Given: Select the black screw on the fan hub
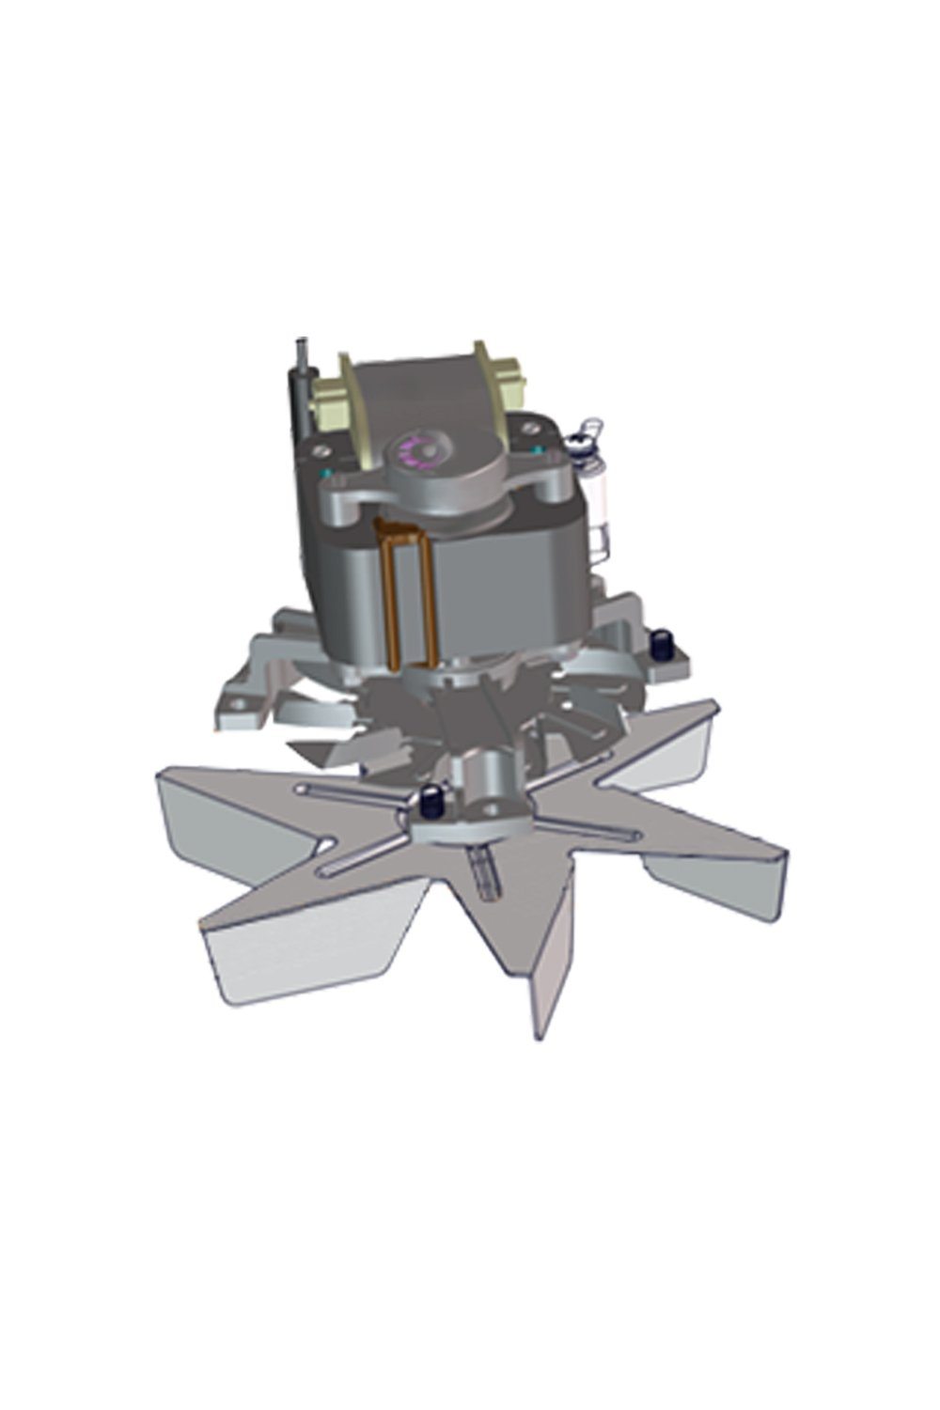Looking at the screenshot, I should [x=431, y=802].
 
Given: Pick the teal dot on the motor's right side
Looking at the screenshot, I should [x=537, y=451].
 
